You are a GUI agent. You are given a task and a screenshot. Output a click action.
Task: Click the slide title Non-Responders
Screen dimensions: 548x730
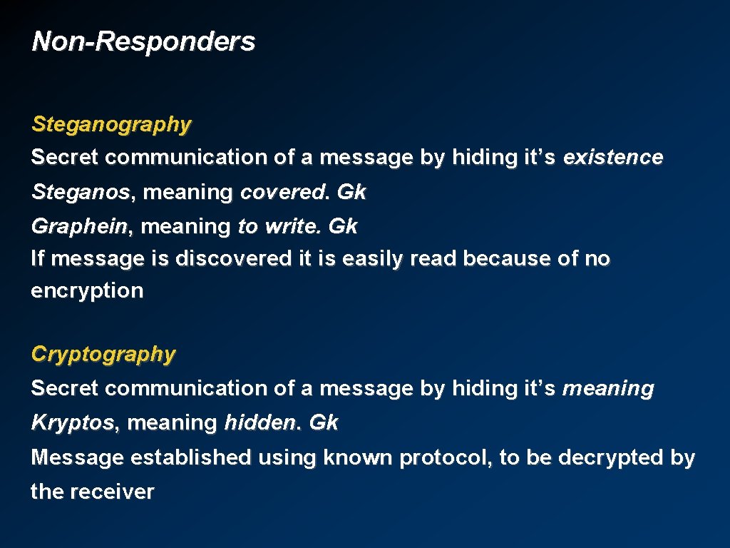[143, 41]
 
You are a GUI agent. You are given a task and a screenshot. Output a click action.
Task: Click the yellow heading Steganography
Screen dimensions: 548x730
[111, 124]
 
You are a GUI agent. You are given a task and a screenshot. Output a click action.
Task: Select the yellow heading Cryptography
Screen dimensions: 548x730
[103, 354]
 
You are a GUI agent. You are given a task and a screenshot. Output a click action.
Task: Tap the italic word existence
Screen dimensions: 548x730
[612, 157]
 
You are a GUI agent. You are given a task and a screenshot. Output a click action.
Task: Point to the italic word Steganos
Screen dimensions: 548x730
[81, 192]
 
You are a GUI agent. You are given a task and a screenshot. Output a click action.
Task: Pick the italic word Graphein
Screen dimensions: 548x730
[78, 227]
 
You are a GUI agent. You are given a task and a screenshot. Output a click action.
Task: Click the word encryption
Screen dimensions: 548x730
[87, 291]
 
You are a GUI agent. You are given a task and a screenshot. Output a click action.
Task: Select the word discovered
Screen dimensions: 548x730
[233, 258]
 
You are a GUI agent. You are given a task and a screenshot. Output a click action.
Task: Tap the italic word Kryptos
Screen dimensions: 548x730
[72, 422]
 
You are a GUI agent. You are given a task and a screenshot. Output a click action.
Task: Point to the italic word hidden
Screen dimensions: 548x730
[259, 422]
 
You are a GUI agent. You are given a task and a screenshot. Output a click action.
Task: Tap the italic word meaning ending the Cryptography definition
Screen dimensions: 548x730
[607, 389]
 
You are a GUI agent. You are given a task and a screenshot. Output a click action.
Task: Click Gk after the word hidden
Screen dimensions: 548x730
[324, 422]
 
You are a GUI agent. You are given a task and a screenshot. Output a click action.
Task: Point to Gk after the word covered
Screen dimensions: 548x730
[351, 192]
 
